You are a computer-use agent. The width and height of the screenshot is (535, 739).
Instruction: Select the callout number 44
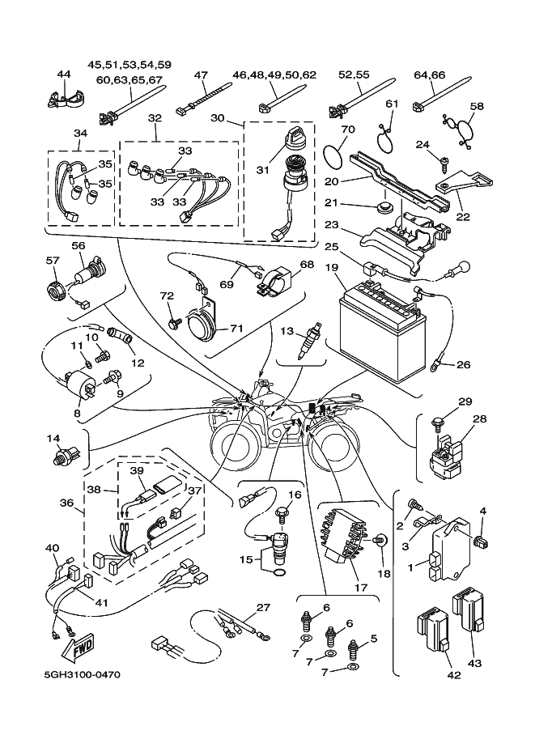[x=64, y=74]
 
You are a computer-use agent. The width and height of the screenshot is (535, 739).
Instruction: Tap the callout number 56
[x=78, y=246]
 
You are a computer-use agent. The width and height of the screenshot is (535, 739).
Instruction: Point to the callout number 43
[x=474, y=664]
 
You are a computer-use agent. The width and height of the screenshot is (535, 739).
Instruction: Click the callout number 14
[x=53, y=439]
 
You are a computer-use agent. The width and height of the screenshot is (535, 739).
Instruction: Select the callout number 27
[x=261, y=607]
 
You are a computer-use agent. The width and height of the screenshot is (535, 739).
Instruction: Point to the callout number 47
[x=202, y=74]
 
